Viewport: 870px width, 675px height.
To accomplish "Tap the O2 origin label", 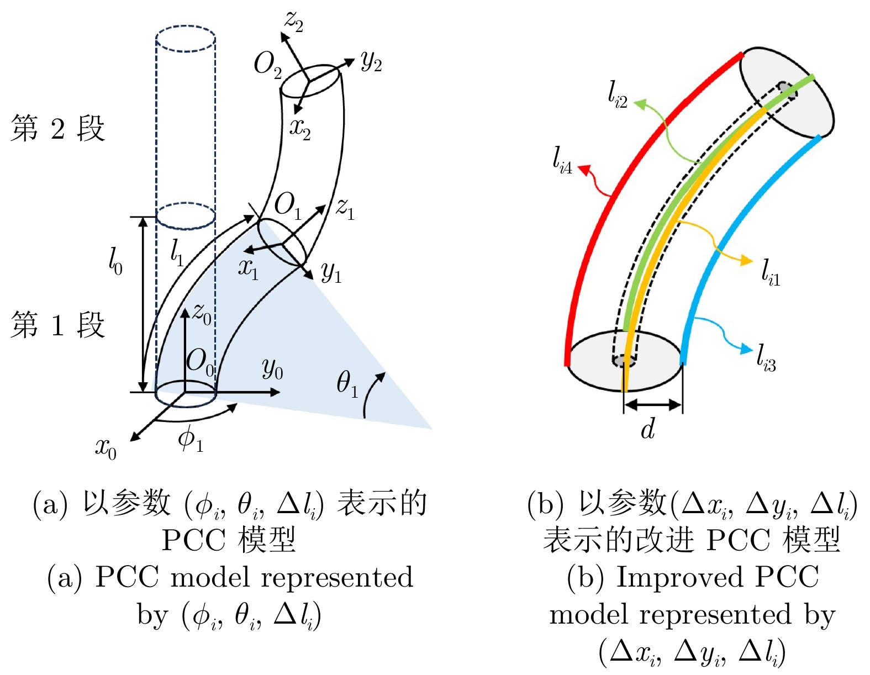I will coord(267,65).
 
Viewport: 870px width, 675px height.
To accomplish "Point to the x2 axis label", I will coord(300,128).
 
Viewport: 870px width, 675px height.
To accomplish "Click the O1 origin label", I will coord(288,205).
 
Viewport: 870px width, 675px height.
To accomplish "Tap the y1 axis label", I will coord(331,272).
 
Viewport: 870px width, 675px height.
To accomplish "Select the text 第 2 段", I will coord(57,128).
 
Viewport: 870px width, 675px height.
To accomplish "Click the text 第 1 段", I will coord(57,324).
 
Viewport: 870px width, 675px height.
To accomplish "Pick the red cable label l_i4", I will coord(562,160).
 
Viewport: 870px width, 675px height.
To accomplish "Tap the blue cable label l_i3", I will coord(766,357).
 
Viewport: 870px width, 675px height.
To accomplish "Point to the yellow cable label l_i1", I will coord(771,272).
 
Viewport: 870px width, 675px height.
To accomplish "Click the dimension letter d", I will coord(648,429).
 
